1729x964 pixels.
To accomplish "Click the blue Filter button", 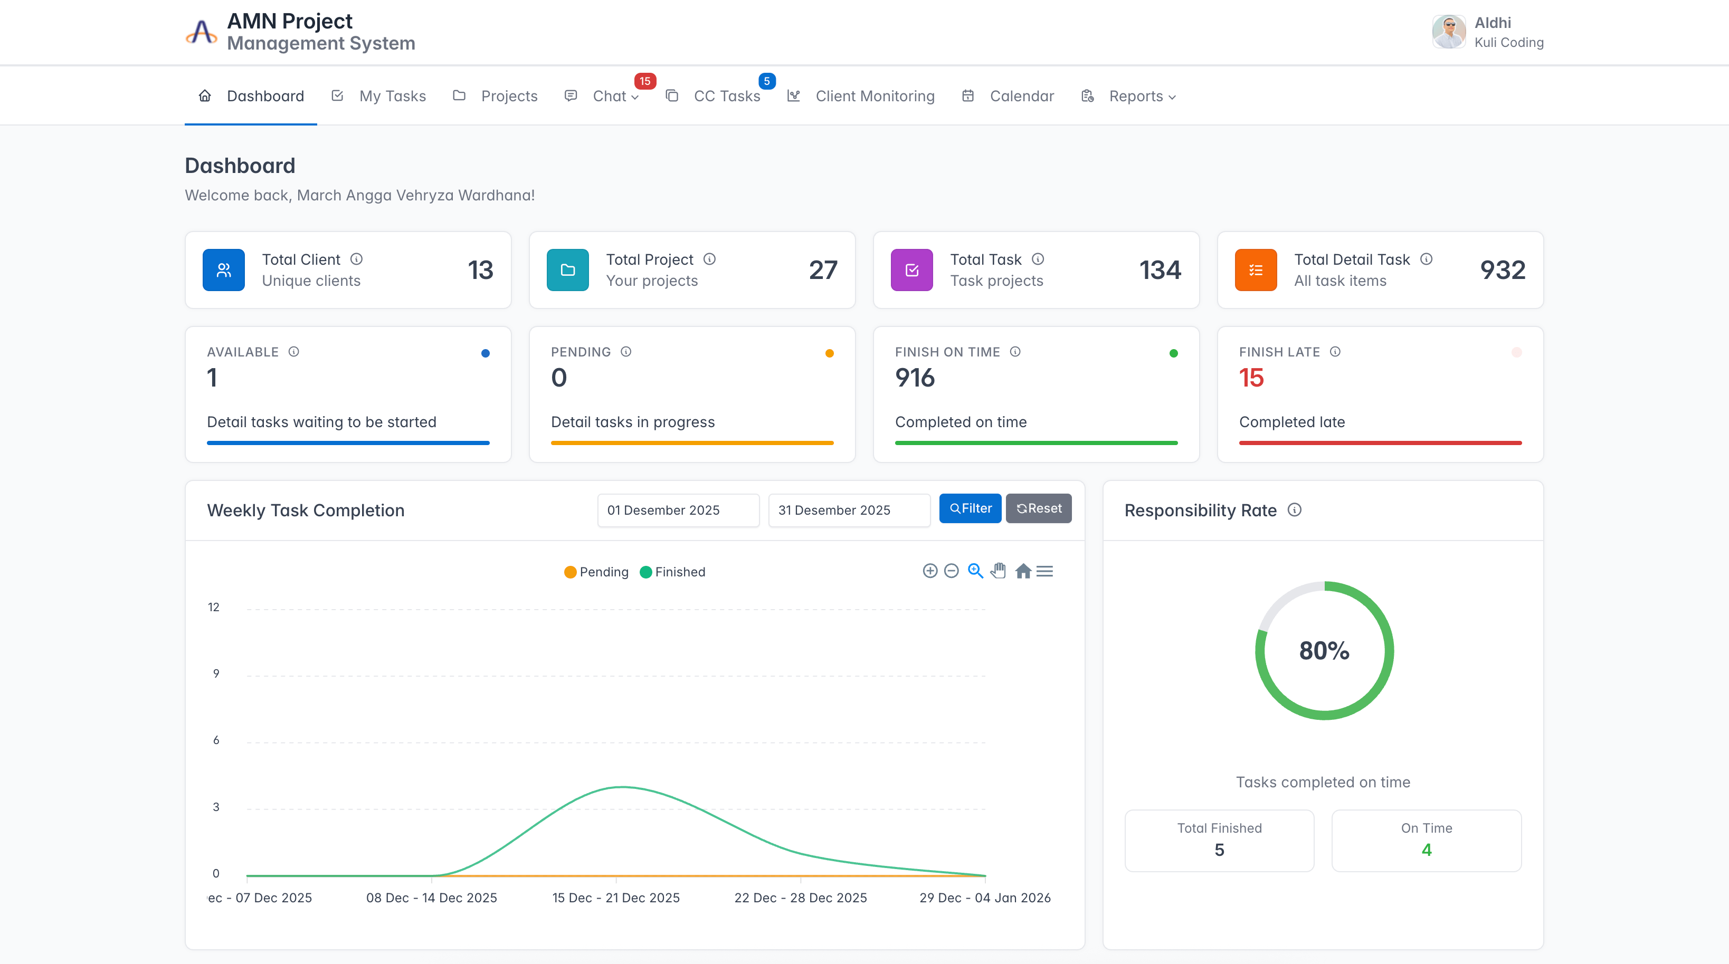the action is coord(970,508).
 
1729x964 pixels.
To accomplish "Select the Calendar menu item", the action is coord(1008,96).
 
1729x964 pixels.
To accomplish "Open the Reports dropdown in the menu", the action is coord(1129,96).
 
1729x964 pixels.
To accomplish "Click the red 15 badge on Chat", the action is coord(645,81).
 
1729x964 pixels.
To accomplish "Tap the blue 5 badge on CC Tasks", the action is coord(766,81).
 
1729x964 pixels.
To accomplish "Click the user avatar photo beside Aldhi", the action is coord(1448,32).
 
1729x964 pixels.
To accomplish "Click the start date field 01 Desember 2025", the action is coord(678,510).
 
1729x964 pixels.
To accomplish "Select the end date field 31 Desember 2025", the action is coord(849,510).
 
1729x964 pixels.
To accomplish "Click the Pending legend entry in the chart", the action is coord(597,572).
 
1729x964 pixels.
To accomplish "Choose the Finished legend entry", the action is coord(672,572).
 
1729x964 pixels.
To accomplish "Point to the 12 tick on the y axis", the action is coord(213,607).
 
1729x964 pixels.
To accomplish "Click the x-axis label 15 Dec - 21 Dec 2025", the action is coord(616,898).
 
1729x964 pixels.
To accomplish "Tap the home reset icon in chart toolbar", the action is coord(1023,571).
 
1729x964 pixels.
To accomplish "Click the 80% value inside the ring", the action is coord(1324,651).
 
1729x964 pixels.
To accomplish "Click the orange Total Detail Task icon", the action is coord(1256,269).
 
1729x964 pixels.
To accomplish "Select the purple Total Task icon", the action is coord(911,269).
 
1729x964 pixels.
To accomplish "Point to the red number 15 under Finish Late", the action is coord(1251,378).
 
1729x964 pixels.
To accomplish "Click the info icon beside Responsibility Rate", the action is coord(1295,510).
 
